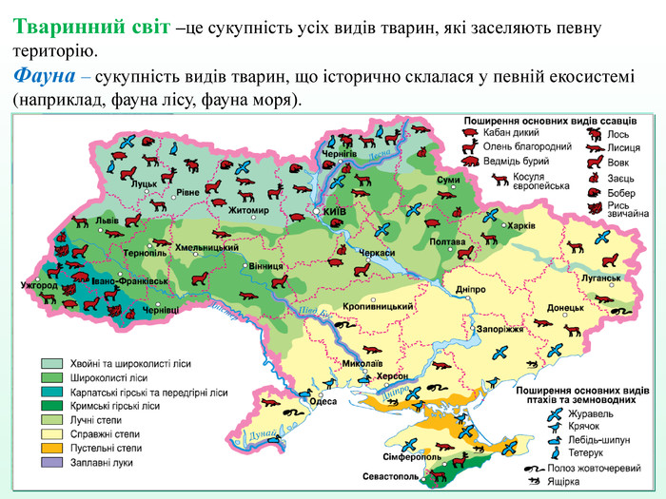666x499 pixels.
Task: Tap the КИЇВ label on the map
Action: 334,211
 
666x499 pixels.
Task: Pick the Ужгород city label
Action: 39,285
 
